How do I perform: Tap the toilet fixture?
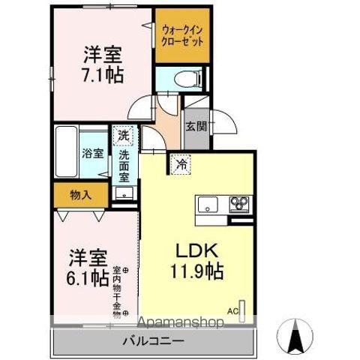183,78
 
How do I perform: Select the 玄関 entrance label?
196,126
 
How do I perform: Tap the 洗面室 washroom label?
124,168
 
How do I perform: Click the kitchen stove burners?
239,202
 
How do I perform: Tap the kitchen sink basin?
206,202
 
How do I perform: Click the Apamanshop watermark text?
180,323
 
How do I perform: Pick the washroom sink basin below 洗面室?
124,193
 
